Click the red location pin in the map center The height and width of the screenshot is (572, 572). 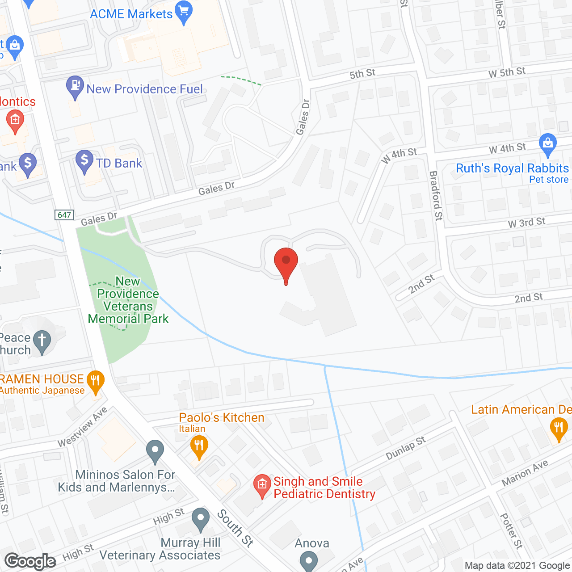pos(286,262)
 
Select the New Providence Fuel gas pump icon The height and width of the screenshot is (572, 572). pos(75,86)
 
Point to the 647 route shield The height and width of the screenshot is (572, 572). pos(64,215)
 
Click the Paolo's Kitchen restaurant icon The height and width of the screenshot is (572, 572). pos(199,446)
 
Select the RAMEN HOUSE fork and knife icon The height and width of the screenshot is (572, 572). pos(95,381)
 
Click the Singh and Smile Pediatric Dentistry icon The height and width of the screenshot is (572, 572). pos(262,485)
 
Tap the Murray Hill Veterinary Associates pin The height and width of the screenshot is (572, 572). pos(201,519)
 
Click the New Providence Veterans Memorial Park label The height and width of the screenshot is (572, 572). pos(128,300)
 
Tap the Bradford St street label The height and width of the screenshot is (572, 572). pos(436,195)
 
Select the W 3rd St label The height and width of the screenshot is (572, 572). pos(526,223)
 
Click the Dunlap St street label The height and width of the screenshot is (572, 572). pos(406,448)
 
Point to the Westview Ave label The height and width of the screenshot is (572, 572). pos(83,426)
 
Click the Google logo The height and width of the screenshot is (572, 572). pos(30,561)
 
